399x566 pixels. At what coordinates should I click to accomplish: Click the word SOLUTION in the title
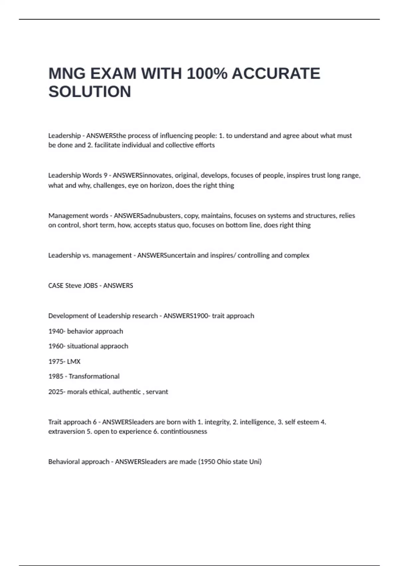90,92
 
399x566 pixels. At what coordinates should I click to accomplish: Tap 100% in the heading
207,74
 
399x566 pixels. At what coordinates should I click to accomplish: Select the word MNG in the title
67,74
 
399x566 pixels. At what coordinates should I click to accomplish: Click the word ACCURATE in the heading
276,74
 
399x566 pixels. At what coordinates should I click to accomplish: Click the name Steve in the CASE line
73,286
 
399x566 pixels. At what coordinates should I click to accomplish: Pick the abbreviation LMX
74,362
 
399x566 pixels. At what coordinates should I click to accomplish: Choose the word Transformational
94,377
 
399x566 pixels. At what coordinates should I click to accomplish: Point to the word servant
157,392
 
